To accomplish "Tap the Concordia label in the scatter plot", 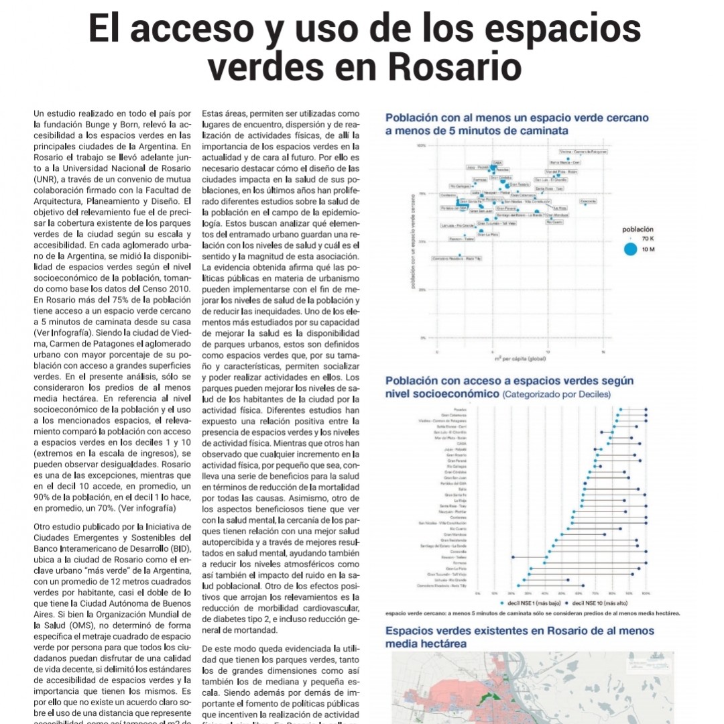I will [x=588, y=200].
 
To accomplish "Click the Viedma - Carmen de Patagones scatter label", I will [x=583, y=152].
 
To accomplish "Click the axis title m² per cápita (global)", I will [x=520, y=359].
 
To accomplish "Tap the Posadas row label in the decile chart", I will [x=459, y=409].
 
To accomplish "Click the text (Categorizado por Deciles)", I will [x=556, y=394].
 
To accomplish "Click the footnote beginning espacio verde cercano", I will [x=533, y=613].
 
